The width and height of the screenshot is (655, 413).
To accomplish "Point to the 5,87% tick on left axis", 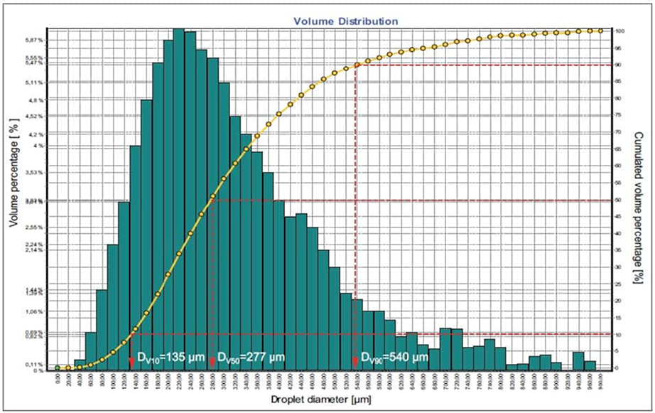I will click(x=36, y=40).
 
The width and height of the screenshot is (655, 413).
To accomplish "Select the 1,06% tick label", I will click(x=36, y=311).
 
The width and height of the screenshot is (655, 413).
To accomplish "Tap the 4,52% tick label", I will click(x=36, y=116).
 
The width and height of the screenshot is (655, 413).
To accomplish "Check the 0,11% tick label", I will click(x=36, y=365).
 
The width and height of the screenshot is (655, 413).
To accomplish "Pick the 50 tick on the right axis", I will click(x=619, y=200).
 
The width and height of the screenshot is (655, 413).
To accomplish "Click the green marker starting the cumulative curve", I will click(x=58, y=368).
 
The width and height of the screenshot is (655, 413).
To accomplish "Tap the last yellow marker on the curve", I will click(x=600, y=31).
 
